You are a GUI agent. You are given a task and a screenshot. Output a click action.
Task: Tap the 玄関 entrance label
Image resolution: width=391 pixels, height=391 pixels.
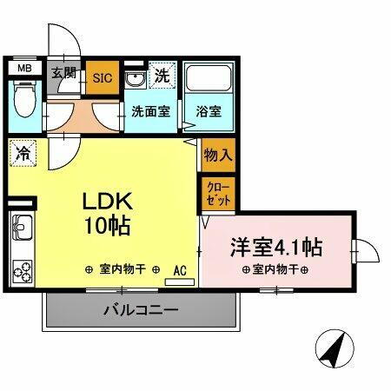[x=63, y=73]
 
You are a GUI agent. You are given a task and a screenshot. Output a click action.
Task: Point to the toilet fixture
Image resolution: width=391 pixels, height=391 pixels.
[x=23, y=102]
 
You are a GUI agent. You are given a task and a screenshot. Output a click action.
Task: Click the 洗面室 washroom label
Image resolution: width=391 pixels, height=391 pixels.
[x=149, y=111]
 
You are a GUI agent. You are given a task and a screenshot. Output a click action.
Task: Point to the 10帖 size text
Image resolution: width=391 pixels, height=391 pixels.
[x=108, y=228]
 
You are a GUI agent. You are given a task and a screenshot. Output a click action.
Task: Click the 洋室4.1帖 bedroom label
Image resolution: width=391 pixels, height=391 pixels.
[x=275, y=247]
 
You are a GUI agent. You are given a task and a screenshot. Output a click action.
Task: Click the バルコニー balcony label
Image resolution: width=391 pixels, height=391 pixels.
[x=141, y=308]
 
